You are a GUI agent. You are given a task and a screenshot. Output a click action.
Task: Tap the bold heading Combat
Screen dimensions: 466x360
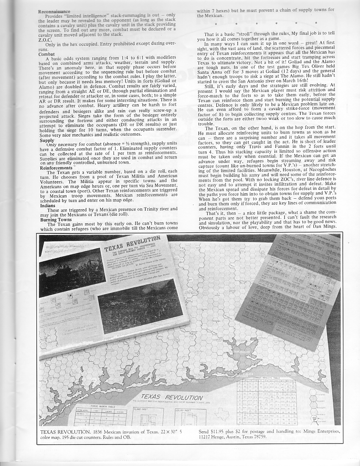46,54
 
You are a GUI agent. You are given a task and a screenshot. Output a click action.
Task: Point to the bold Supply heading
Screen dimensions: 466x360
46,140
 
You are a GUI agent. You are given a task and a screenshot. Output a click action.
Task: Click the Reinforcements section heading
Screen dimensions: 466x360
56,168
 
